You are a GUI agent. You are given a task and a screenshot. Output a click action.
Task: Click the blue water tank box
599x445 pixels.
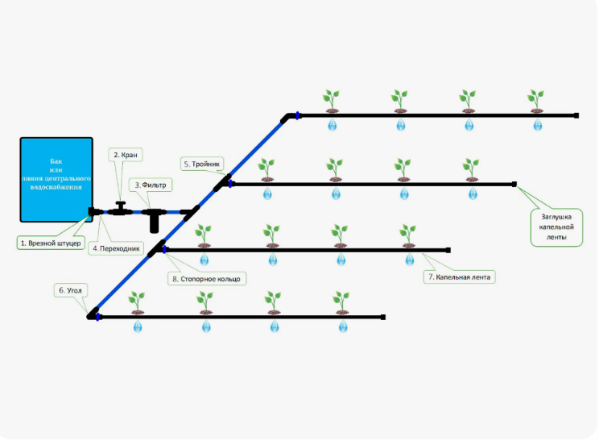pos(56,180)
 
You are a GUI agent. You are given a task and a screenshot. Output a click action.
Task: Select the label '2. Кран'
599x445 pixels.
pos(126,155)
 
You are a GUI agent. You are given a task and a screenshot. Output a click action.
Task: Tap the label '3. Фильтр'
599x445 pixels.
pos(151,185)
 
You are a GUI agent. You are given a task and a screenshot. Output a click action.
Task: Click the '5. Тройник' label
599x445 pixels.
pos(202,164)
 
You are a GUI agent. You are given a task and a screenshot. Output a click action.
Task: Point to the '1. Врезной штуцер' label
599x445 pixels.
pos(51,243)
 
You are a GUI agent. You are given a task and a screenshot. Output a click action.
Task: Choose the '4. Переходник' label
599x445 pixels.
pos(116,248)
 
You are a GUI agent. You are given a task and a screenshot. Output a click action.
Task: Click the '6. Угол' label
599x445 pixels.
pos(71,290)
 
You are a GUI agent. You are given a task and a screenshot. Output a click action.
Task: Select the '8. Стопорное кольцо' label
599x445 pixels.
pos(207,279)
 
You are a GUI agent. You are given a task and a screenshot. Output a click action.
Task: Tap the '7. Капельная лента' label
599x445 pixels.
pos(459,277)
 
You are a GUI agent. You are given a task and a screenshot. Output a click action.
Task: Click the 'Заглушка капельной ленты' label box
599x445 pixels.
pos(556,227)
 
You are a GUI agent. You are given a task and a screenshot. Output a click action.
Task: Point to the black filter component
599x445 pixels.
pos(154,219)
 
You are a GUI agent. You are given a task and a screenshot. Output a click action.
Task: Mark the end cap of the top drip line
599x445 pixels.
pos(576,115)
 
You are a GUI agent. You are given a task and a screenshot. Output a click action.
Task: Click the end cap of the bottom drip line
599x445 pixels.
pos(383,317)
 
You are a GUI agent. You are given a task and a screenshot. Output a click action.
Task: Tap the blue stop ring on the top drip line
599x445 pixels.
pos(297,115)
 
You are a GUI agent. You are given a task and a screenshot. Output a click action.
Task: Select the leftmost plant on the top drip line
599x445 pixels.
pos(331,102)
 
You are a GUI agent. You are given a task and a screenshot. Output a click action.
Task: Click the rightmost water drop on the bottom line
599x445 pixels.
pos(343,326)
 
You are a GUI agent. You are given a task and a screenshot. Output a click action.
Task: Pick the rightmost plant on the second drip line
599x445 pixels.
pos(471,170)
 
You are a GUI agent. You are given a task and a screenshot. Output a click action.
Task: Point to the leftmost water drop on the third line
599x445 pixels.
pos(204,260)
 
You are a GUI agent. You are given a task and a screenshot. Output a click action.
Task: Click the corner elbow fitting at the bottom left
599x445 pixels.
pos(93,314)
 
